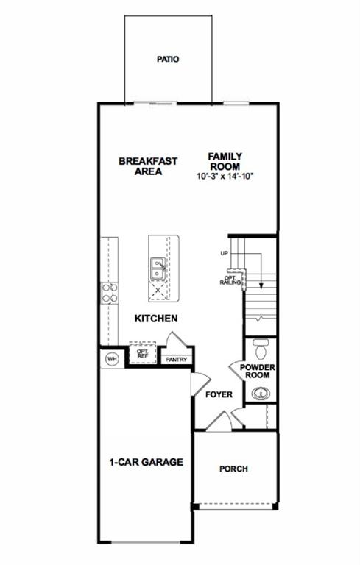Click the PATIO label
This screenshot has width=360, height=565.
pos(169,59)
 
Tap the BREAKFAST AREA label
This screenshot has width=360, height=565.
pos(141,166)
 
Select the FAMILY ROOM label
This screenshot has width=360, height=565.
pos(225,160)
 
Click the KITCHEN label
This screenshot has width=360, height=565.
pos(155,319)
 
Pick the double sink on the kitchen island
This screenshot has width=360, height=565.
pos(158,269)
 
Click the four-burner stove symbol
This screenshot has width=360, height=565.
pos(110,293)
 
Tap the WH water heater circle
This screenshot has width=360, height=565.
pos(112,359)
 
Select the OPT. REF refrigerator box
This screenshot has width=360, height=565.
pos(143,355)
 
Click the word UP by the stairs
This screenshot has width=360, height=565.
pos(224,253)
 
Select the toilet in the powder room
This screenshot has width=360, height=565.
pos(260,345)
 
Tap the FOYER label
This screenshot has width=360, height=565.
pos(219,394)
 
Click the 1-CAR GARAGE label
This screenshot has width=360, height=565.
pos(146,462)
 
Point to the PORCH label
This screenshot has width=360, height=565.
pos(234,469)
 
